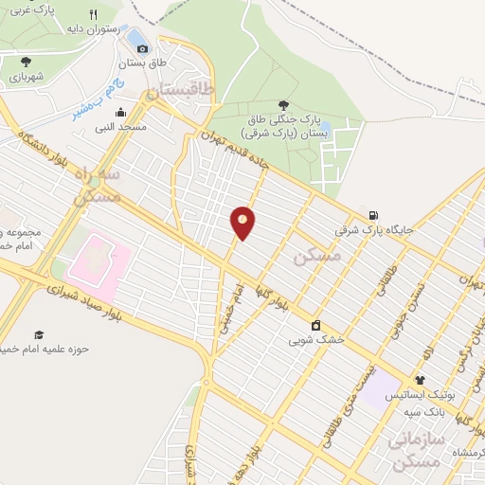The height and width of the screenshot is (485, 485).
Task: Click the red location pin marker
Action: click(242, 222)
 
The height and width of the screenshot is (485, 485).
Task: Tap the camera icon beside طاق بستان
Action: click(143, 47)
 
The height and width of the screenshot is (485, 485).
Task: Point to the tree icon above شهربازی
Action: click(25, 62)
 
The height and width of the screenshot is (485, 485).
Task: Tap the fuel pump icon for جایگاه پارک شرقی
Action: click(375, 214)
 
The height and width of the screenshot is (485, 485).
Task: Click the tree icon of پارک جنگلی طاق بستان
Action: click(283, 105)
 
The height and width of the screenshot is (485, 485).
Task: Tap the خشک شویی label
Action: click(316, 337)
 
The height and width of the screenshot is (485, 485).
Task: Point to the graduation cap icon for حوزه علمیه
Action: click(40, 334)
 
